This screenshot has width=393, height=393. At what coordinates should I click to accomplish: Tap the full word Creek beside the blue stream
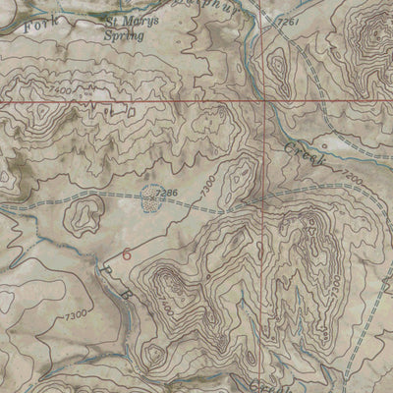301,153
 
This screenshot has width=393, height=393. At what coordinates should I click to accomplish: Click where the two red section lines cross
264,102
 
